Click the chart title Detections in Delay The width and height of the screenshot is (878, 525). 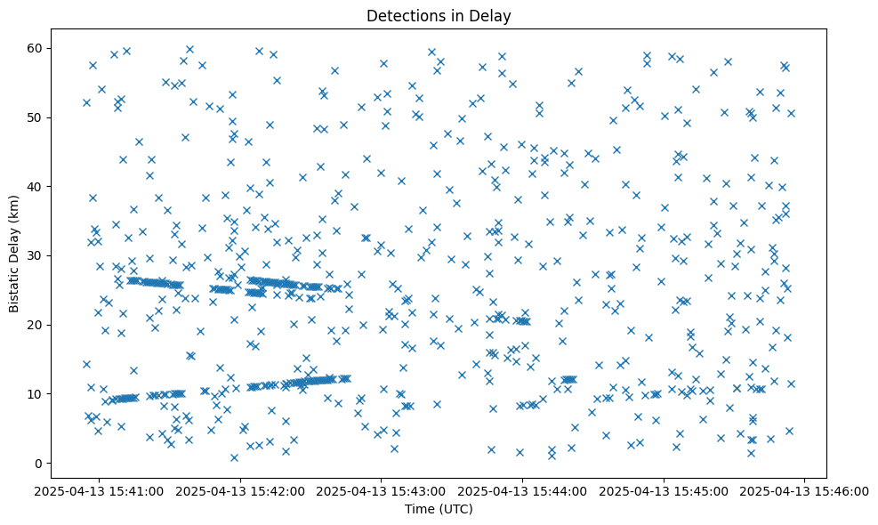tap(439, 15)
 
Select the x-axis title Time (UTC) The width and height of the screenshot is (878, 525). tap(439, 509)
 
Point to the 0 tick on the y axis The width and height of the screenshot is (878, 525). tap(39, 463)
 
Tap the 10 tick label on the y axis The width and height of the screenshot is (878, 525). tap(36, 393)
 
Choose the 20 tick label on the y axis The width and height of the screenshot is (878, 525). tap(36, 325)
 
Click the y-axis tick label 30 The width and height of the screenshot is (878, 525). tap(36, 255)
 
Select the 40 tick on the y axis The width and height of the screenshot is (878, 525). tap(36, 186)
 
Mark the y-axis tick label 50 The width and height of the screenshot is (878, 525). tap(36, 117)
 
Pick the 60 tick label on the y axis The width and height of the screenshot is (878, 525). tap(36, 48)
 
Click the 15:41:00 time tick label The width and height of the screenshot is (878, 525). tap(99, 490)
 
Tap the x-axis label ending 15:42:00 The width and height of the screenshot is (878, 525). tap(240, 490)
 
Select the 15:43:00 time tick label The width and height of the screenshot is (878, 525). tap(382, 490)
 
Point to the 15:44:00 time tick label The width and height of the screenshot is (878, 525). tap(522, 490)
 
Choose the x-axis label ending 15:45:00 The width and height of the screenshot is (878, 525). tap(664, 490)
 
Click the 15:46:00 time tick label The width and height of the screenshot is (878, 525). tap(805, 490)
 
